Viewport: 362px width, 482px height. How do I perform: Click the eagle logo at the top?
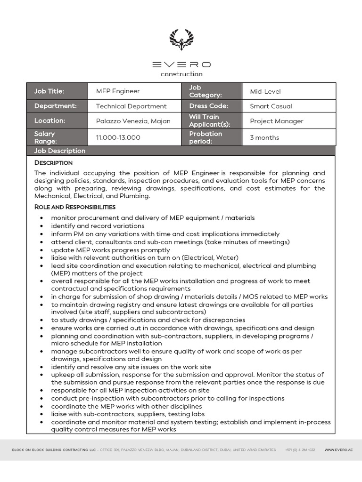pyautogui.click(x=181, y=40)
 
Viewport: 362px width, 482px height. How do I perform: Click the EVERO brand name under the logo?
pyautogui.click(x=181, y=64)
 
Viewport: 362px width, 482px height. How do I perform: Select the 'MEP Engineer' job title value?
pyautogui.click(x=118, y=91)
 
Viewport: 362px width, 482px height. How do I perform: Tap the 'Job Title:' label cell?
pyautogui.click(x=49, y=91)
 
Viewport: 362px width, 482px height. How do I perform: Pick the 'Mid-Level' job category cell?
pyautogui.click(x=265, y=91)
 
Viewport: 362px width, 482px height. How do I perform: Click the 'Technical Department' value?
pyautogui.click(x=131, y=106)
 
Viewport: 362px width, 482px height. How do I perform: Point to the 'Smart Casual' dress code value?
pyautogui.click(x=271, y=106)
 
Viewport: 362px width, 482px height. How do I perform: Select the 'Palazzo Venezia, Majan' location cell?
pyautogui.click(x=133, y=121)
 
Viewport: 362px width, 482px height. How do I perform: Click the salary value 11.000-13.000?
pyautogui.click(x=118, y=137)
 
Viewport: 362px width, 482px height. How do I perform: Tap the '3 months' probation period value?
pyautogui.click(x=264, y=137)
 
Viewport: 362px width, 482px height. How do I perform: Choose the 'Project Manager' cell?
pyautogui.click(x=276, y=121)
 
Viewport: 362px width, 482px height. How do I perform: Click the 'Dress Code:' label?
pyautogui.click(x=208, y=106)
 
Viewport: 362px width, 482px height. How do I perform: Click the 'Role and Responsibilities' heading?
pyautogui.click(x=74, y=207)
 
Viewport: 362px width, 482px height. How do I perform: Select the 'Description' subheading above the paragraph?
pyautogui.click(x=53, y=163)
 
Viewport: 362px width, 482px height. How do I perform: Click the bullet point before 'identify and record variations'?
pyautogui.click(x=42, y=226)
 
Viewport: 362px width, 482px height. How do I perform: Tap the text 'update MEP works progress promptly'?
pyautogui.click(x=110, y=250)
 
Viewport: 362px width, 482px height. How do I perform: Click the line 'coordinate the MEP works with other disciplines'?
pyautogui.click(x=126, y=406)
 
